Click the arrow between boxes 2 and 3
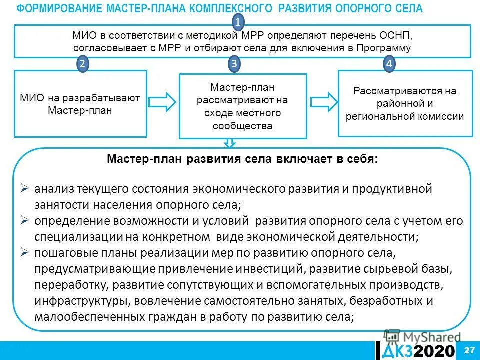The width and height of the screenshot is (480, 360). (x=162, y=102)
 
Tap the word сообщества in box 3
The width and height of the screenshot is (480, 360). (x=242, y=126)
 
